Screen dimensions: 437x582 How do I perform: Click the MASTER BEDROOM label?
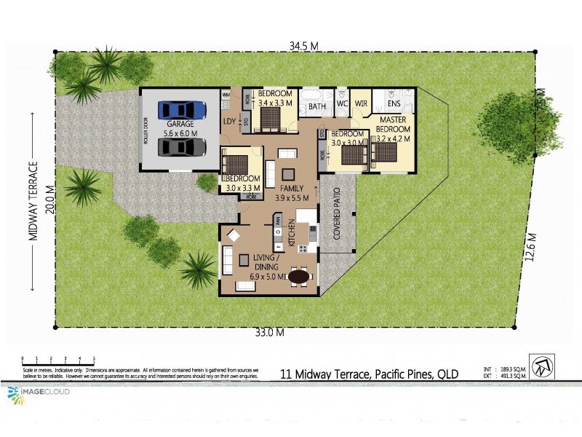(393, 128)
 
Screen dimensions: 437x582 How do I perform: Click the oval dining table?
(299, 277)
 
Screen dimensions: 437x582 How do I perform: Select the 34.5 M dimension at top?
(303, 46)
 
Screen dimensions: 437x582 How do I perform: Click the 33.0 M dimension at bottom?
(268, 334)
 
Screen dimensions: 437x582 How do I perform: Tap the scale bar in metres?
(58, 360)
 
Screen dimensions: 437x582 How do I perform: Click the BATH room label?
(316, 106)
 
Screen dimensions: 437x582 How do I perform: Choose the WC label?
(342, 104)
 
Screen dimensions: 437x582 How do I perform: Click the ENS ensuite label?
(394, 104)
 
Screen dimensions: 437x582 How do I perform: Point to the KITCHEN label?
(290, 233)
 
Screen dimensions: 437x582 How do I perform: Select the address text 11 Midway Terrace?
(369, 374)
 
